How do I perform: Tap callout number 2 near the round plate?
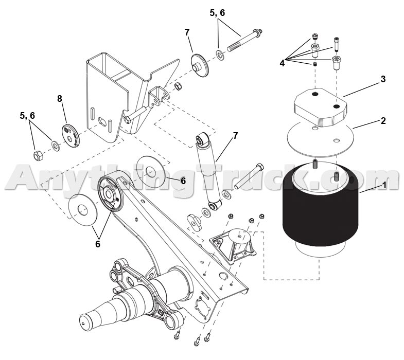[x=382, y=121]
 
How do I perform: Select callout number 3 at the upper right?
[x=382, y=80]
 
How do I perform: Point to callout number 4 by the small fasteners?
[x=282, y=63]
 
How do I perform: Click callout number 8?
[x=60, y=98]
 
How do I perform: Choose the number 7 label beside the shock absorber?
[x=235, y=136]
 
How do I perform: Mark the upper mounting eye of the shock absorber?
[x=202, y=139]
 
